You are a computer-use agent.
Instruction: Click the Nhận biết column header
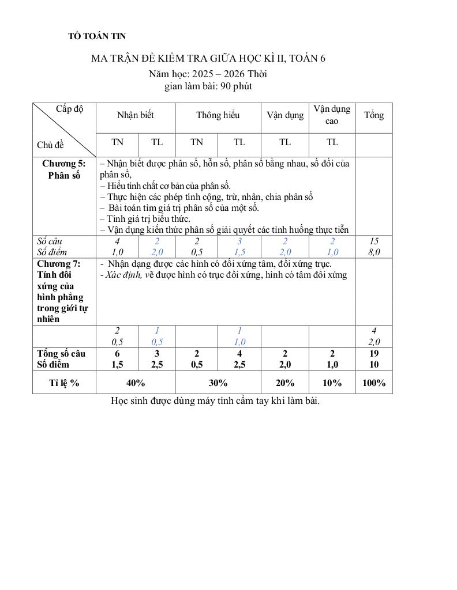pos(136,115)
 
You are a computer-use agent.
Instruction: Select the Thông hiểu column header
pos(218,115)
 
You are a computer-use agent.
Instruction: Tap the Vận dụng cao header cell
pos(332,115)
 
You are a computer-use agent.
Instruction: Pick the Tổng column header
pos(374,115)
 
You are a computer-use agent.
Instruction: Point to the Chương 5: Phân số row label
pos(64,169)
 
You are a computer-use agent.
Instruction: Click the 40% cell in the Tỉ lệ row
pos(136,383)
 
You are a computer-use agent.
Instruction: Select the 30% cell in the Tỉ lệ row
pos(218,383)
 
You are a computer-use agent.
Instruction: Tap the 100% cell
pos(374,383)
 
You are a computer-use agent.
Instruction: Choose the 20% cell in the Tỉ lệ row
pos(285,383)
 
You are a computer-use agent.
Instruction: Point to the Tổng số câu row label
pos(61,353)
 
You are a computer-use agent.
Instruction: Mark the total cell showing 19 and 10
pos(374,359)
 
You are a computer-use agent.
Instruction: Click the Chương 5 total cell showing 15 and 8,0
pos(374,247)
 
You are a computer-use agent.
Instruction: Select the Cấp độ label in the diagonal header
pos(69,109)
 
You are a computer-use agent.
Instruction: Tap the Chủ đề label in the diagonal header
pos(50,145)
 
